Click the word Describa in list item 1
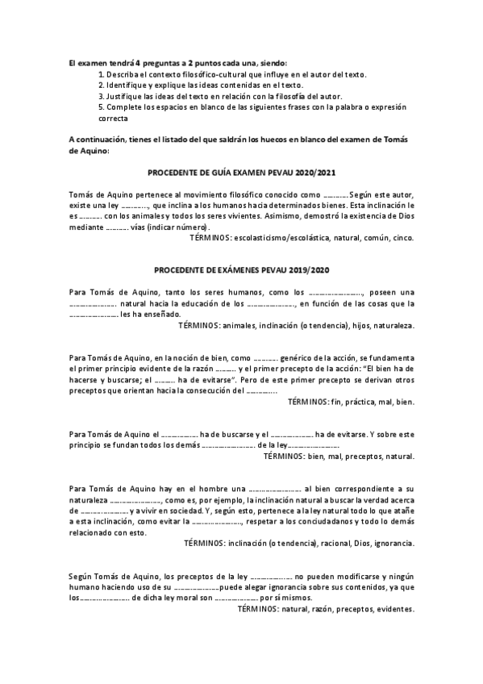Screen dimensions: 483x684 click(123, 74)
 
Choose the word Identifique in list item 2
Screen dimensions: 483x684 click(127, 85)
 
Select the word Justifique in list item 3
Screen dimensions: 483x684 click(126, 95)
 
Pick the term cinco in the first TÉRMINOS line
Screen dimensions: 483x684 click(403, 239)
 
